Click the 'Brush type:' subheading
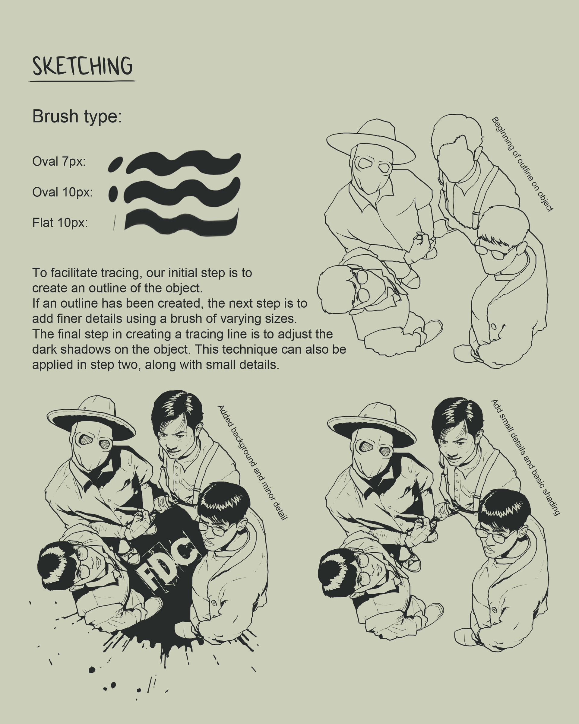coord(77,116)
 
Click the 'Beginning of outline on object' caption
coord(522,164)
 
